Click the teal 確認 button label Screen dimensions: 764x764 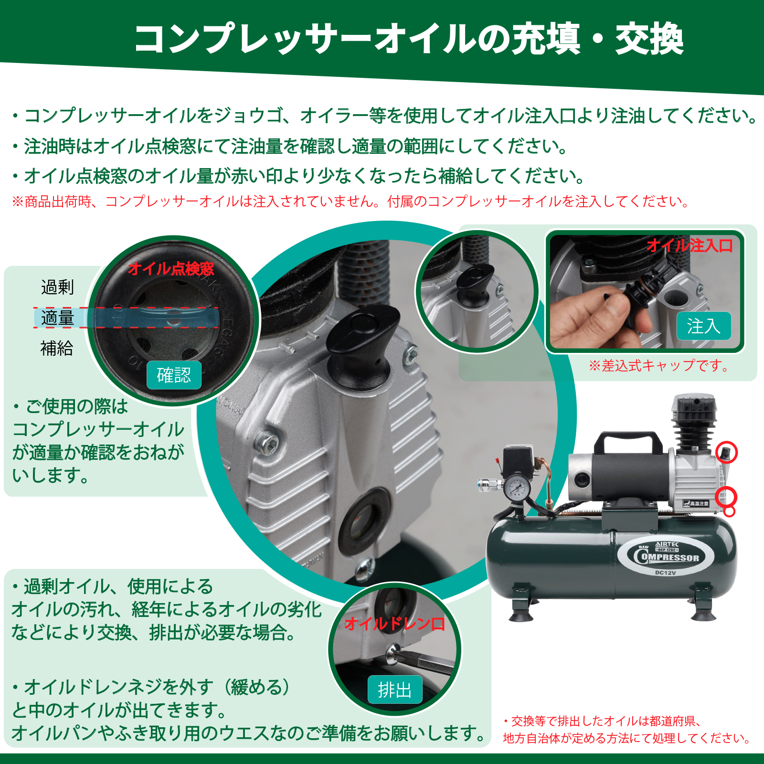coord(174,375)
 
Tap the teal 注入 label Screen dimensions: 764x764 coord(704,326)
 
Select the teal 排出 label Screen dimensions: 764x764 coord(395,690)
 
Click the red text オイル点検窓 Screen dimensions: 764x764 coord(171,269)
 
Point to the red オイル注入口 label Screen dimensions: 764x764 coord(690,245)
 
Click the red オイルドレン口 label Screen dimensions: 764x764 coord(394,624)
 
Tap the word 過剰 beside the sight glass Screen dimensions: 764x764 coord(57,287)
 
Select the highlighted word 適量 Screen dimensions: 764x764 coord(57,318)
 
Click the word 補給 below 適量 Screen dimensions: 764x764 coord(57,348)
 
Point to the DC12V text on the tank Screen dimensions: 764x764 coord(666,573)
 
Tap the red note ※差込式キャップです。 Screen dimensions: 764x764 coord(659,366)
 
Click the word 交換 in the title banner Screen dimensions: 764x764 coord(649,38)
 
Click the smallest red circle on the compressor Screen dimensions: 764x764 coord(729,512)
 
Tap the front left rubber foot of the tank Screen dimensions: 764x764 coord(521,614)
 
